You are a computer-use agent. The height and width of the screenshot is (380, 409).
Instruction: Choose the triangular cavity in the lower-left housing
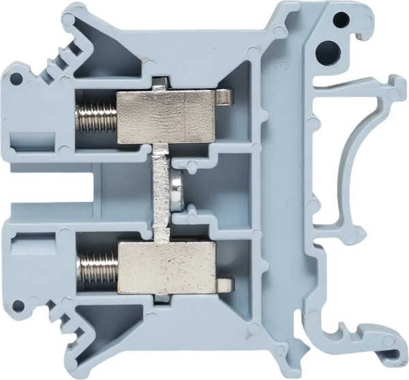(x=102, y=334)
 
